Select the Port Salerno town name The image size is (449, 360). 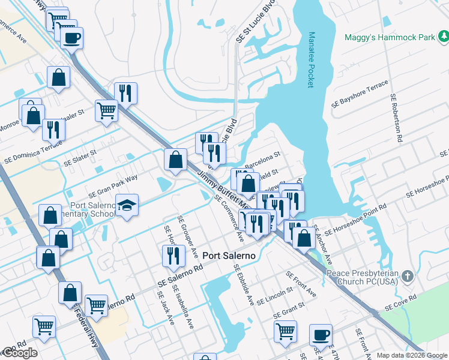229,256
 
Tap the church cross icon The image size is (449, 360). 408,275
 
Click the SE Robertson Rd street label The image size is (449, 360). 397,117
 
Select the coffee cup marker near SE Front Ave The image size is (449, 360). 321,334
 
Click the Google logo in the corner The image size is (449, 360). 19,353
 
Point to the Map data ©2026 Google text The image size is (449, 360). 412,355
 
